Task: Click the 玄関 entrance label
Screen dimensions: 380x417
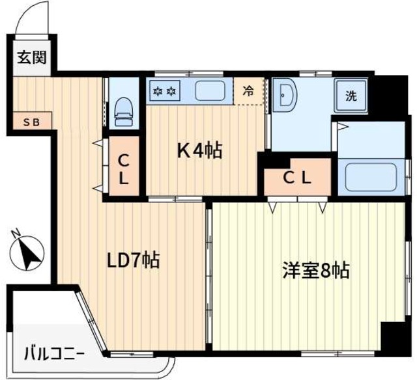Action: pyautogui.click(x=32, y=57)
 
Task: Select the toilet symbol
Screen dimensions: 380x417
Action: pyautogui.click(x=122, y=111)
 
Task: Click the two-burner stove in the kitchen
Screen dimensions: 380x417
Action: pyautogui.click(x=164, y=91)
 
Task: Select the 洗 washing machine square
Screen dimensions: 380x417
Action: pyautogui.click(x=351, y=97)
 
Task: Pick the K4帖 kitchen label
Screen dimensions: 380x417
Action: pyautogui.click(x=200, y=151)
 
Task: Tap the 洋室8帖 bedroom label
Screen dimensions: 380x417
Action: pyautogui.click(x=316, y=269)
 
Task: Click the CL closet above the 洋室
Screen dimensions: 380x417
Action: pyautogui.click(x=296, y=176)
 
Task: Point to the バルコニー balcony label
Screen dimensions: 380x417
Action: pyautogui.click(x=53, y=355)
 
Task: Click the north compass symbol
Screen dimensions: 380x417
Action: pyautogui.click(x=28, y=252)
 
